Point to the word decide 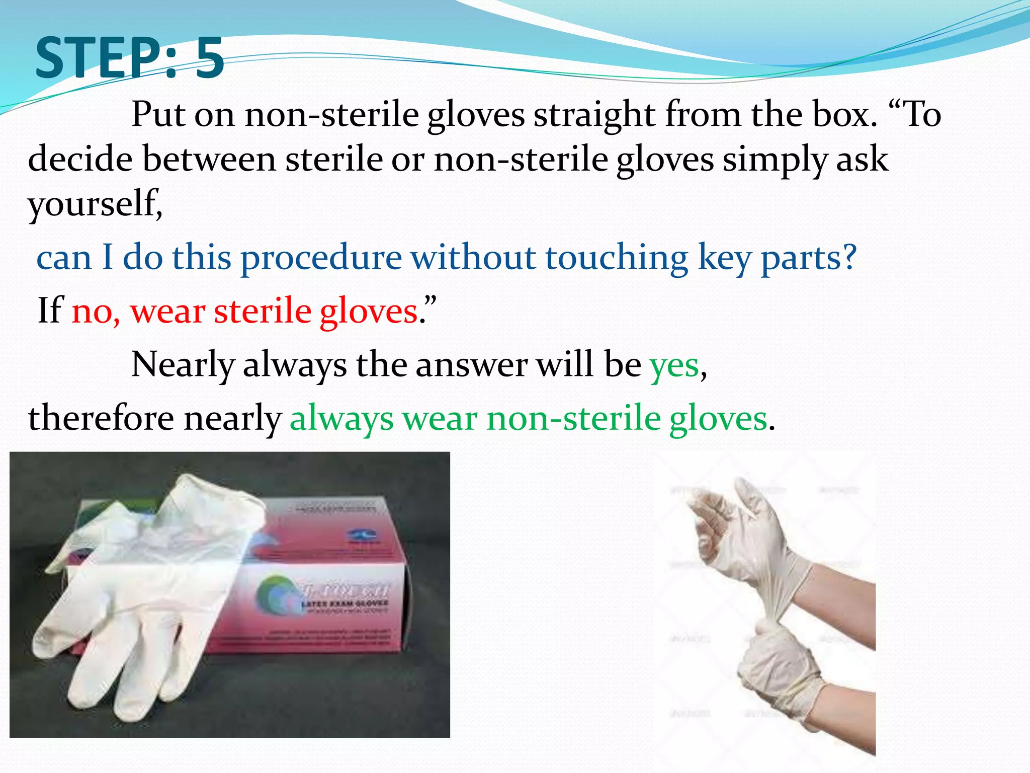(80, 159)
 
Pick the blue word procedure (321, 258)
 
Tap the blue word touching (617, 258)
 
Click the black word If (50, 310)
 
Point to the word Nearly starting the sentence (183, 365)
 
